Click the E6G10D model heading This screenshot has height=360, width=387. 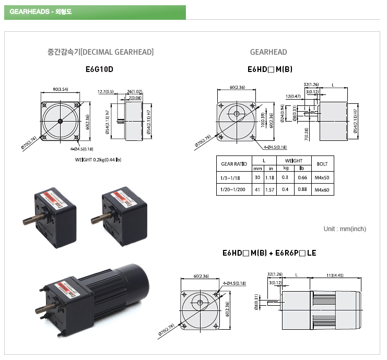(99, 69)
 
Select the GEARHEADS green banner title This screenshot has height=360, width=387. (35, 12)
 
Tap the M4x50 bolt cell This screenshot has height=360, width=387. (322, 178)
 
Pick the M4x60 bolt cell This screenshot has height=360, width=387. (322, 190)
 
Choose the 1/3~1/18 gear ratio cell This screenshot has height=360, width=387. (233, 178)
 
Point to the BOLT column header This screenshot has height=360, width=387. (322, 164)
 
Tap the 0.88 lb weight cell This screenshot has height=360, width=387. (302, 190)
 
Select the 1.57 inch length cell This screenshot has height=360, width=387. (270, 190)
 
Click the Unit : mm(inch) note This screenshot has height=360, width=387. (345, 229)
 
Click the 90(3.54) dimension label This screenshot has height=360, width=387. (60, 90)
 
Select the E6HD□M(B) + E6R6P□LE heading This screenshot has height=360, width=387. (269, 254)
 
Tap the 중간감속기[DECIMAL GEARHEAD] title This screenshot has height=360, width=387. (100, 52)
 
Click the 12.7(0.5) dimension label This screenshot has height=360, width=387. (105, 92)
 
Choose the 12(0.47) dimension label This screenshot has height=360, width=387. (292, 97)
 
